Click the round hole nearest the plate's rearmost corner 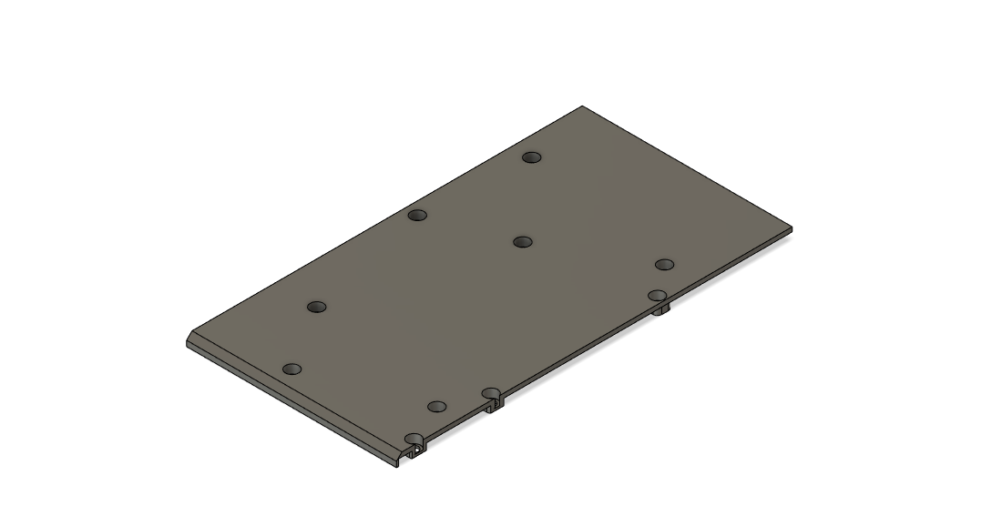pos(532,157)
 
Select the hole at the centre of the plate pos(522,242)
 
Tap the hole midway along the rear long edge pos(417,216)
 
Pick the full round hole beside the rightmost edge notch pos(664,265)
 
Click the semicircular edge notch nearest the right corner pos(658,296)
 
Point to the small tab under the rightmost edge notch pos(663,310)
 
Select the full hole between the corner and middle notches pos(437,406)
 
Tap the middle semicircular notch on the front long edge pos(492,394)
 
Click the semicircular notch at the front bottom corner pos(414,440)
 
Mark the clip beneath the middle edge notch pos(494,406)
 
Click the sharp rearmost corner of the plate pos(582,107)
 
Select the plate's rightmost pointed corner pos(790,228)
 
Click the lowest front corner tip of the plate pos(399,465)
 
